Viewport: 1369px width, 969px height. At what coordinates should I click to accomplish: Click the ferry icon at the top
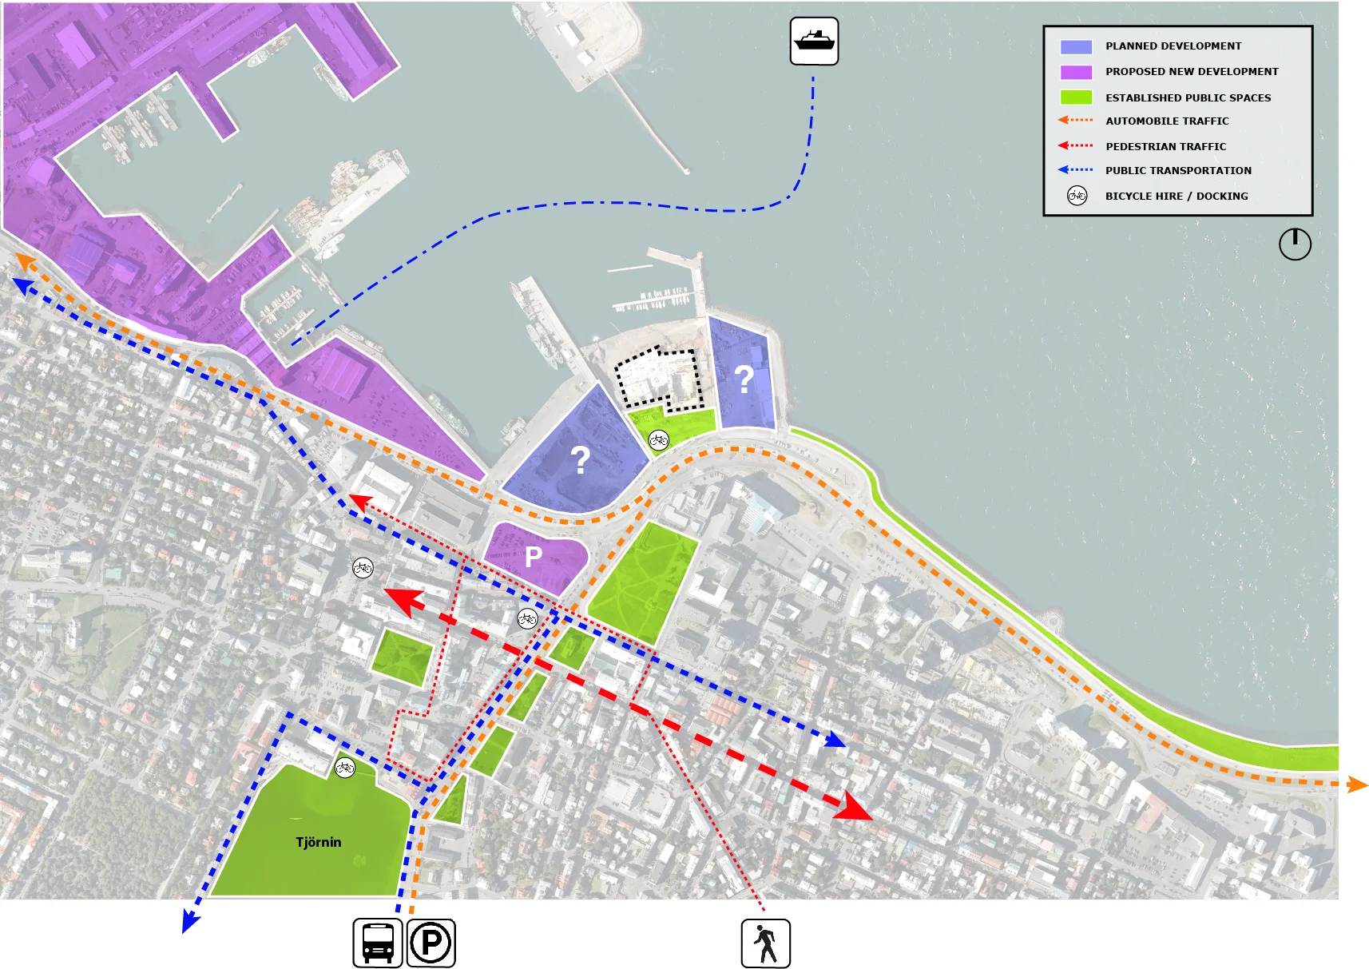pos(814,41)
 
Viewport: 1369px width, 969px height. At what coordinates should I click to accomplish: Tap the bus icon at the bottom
pos(378,943)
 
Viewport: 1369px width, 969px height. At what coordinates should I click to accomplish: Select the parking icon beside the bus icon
pos(431,943)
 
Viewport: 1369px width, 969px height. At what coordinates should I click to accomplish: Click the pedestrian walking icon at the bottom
pos(765,943)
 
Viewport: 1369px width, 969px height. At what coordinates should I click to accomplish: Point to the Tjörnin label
pos(318,842)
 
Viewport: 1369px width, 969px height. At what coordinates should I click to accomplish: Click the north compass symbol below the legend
pos(1295,244)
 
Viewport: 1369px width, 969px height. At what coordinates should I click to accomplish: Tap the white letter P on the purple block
pos(534,556)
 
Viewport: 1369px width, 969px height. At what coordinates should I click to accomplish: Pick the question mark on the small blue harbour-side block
pos(744,379)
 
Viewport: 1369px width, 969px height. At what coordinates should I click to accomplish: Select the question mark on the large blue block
pos(580,460)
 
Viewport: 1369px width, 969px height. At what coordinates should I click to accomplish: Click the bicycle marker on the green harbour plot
pos(658,439)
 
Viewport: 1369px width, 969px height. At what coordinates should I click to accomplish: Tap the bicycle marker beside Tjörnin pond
pos(344,768)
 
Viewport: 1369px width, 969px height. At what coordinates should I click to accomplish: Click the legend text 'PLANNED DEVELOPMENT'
pos(1173,46)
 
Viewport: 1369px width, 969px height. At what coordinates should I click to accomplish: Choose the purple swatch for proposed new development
pos(1075,72)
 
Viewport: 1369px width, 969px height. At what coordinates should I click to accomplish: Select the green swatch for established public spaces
pos(1075,97)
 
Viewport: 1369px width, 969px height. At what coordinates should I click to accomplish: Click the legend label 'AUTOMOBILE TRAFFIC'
pos(1166,121)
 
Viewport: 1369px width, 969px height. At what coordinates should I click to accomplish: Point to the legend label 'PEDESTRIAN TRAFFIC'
pos(1165,147)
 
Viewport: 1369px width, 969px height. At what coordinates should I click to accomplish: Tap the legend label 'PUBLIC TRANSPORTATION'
pos(1178,171)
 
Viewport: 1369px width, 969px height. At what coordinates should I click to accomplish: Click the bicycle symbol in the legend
pos(1077,196)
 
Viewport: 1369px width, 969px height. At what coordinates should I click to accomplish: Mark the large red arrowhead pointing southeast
pos(853,808)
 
